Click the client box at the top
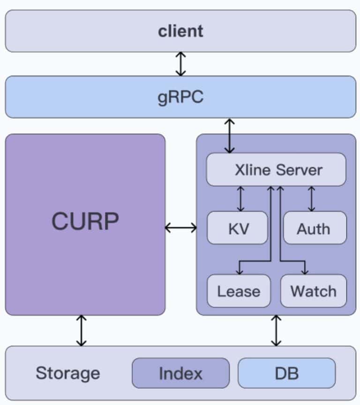(180, 31)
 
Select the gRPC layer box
(180, 97)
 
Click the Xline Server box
(276, 169)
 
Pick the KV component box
(238, 228)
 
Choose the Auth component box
(315, 228)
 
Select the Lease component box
(239, 291)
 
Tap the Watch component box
(313, 291)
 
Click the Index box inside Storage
(180, 374)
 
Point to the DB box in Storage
(286, 374)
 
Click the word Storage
(68, 374)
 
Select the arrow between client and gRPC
(180, 64)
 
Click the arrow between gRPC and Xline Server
(229, 136)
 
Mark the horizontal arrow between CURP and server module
(181, 228)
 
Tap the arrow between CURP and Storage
(82, 330)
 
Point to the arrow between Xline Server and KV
(240, 199)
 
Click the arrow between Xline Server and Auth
(311, 199)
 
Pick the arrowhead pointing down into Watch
(305, 270)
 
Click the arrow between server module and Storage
(276, 330)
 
